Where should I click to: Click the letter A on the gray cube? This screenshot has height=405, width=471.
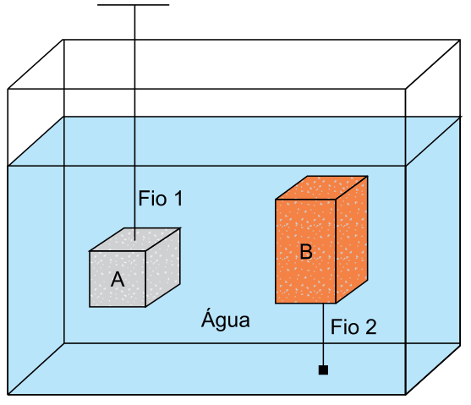tap(118, 279)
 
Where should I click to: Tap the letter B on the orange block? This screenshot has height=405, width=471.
tap(306, 251)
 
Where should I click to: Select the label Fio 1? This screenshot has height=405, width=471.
tap(161, 199)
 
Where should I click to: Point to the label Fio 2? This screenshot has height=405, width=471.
tap(353, 326)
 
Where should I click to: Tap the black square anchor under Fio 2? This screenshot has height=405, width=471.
tap(323, 369)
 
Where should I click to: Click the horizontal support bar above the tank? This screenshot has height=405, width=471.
tap(134, 5)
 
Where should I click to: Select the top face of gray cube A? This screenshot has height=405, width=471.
tap(134, 239)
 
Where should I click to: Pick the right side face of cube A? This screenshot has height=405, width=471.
tap(163, 267)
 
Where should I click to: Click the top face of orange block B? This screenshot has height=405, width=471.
tap(321, 188)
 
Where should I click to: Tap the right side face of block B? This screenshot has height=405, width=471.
tap(352, 239)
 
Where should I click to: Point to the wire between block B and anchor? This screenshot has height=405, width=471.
tap(323, 334)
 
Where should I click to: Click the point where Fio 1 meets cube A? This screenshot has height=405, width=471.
tap(134, 240)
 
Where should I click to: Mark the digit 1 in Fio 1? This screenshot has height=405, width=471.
tap(179, 199)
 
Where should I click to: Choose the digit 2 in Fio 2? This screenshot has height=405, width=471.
tap(371, 326)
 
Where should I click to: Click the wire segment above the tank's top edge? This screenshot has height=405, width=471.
tap(134, 22)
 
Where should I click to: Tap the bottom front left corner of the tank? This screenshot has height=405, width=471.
tap(8, 394)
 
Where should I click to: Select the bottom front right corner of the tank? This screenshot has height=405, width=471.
tap(406, 394)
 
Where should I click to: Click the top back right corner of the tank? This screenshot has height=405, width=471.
tap(460, 40)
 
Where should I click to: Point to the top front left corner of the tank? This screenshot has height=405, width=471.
tap(8, 89)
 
